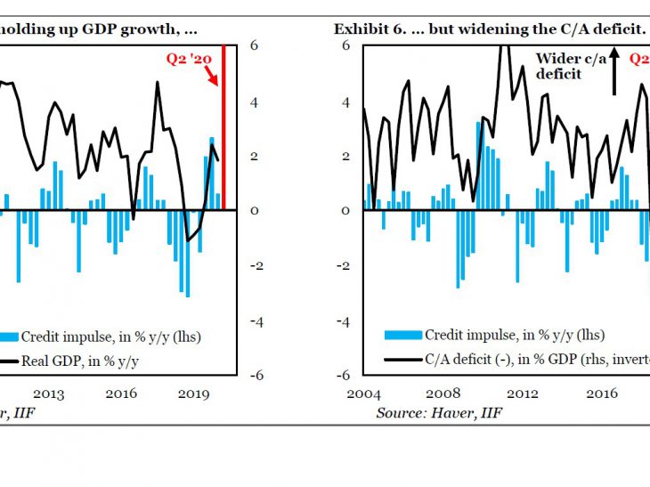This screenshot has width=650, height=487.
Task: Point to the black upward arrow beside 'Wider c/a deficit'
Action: pyautogui.click(x=613, y=72)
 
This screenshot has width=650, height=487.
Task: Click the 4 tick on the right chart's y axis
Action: pyautogui.click(x=346, y=101)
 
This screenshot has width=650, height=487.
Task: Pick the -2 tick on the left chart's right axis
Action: pyautogui.click(x=255, y=265)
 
